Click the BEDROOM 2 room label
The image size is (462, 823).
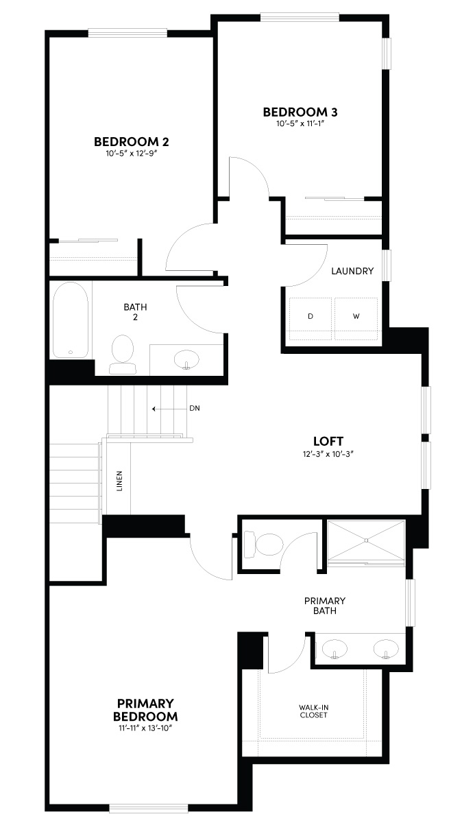pos(132,142)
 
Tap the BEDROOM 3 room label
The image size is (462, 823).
pos(300,112)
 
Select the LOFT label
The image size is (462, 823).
pos(328,441)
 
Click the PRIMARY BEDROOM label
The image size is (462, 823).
pos(146,709)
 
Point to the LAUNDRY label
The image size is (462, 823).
pos(352,271)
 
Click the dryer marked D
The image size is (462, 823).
pos(311,317)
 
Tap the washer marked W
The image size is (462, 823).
pos(356,317)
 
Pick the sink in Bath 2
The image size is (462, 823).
pos(186,358)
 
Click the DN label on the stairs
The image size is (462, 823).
pos(194,409)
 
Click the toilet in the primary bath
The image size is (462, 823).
pos(266,545)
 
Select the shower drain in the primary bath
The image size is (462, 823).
pos(367,540)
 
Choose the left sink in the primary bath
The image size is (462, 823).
pos(335,647)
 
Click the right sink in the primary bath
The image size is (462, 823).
pos(385,647)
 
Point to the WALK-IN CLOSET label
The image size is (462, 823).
pos(313,711)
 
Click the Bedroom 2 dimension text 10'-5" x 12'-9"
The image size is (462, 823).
pos(132,154)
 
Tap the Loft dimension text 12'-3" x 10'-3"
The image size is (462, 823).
pos(328,454)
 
